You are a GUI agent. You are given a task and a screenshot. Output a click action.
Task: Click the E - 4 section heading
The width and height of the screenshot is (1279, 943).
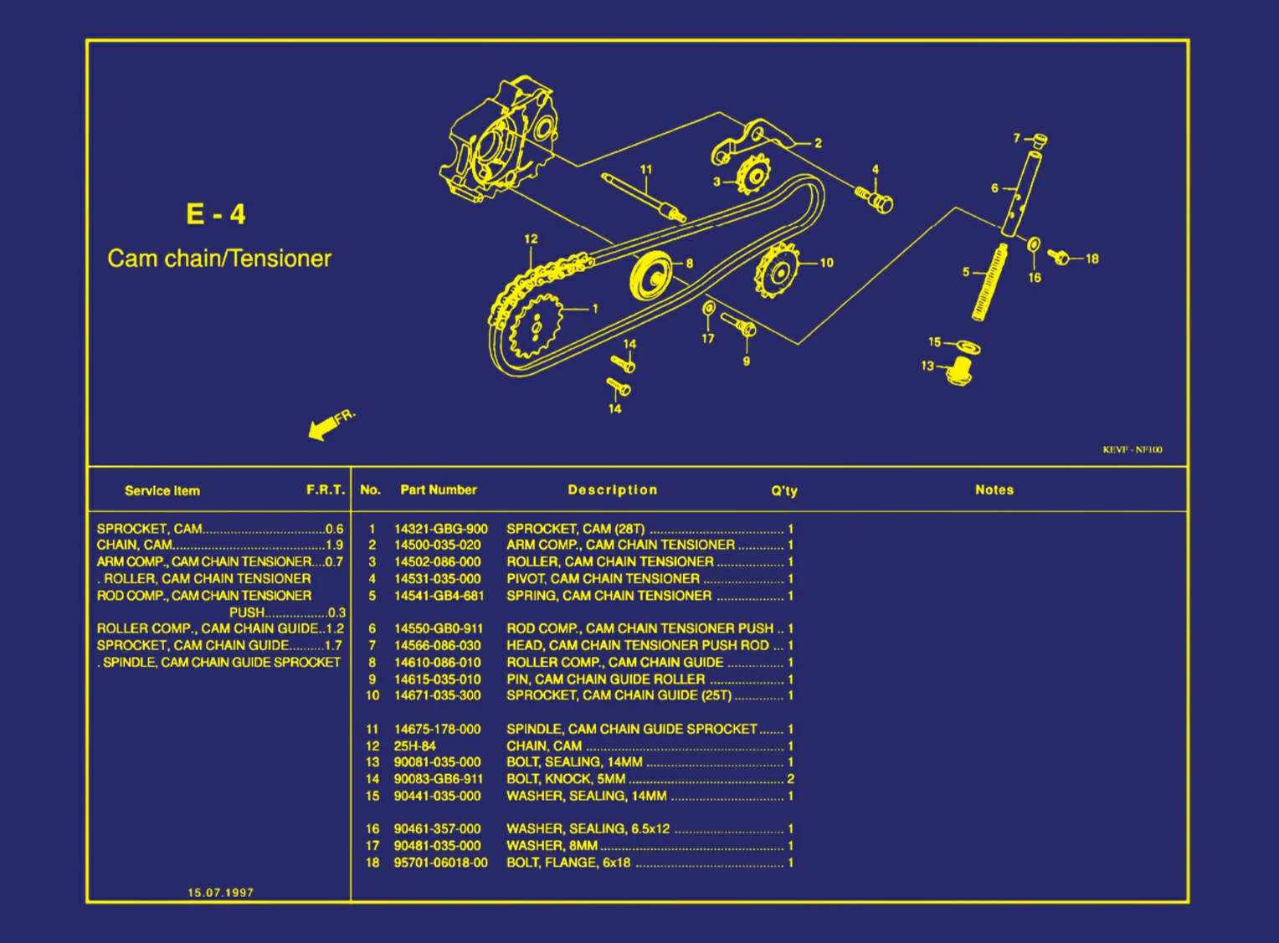pyautogui.click(x=216, y=214)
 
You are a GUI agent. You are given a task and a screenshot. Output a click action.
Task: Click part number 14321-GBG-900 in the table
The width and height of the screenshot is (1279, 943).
pyautogui.click(x=440, y=529)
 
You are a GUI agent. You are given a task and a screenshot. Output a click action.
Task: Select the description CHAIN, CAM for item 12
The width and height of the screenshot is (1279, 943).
pyautogui.click(x=544, y=746)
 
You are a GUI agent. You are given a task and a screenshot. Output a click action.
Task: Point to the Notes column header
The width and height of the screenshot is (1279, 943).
pyautogui.click(x=994, y=490)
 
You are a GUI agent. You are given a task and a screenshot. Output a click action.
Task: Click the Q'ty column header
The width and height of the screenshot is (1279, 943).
pyautogui.click(x=783, y=491)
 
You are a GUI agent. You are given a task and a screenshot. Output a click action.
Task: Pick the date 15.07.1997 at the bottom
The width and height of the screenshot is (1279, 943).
pyautogui.click(x=220, y=893)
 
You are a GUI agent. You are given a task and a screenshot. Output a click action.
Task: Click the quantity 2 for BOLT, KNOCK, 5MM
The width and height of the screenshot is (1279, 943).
pyautogui.click(x=790, y=779)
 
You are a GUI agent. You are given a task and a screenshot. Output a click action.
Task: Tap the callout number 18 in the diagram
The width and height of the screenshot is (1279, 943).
pyautogui.click(x=1092, y=259)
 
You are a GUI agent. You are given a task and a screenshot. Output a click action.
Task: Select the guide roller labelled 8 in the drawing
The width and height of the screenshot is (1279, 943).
pyautogui.click(x=651, y=274)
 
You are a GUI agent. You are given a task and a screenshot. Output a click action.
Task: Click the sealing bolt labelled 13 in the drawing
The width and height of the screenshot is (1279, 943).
pyautogui.click(x=959, y=370)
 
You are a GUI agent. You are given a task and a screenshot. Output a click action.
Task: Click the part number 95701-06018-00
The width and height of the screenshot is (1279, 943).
pyautogui.click(x=440, y=863)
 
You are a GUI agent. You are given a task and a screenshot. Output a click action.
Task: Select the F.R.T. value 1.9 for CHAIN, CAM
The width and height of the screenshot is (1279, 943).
pyautogui.click(x=334, y=545)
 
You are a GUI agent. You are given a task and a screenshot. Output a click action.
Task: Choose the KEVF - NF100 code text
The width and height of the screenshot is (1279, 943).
pyautogui.click(x=1132, y=450)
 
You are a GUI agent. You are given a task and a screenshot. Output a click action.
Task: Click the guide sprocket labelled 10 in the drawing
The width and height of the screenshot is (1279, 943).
pyautogui.click(x=777, y=270)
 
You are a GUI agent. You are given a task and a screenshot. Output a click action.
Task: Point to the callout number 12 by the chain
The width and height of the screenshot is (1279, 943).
pyautogui.click(x=531, y=238)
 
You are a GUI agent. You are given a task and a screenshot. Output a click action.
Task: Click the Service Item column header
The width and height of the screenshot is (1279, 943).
pyautogui.click(x=162, y=491)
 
